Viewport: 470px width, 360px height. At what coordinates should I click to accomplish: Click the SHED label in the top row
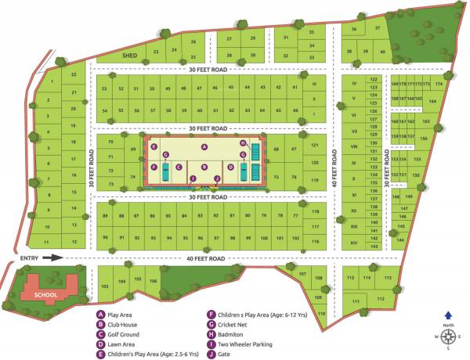pyautogui.click(x=129, y=56)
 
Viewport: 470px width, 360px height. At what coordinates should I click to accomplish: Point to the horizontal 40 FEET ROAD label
pyautogui.click(x=206, y=258)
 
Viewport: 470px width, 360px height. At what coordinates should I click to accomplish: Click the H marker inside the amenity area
pyautogui.click(x=244, y=143)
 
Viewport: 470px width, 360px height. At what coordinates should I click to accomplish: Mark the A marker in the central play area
pyautogui.click(x=204, y=147)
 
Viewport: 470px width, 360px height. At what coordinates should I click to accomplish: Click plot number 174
pyautogui.click(x=439, y=84)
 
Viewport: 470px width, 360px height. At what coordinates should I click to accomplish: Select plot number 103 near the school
pyautogui.click(x=104, y=286)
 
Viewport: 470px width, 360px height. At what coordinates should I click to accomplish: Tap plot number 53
pyautogui.click(x=104, y=89)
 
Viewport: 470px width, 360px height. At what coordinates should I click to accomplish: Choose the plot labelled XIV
pyautogui.click(x=354, y=243)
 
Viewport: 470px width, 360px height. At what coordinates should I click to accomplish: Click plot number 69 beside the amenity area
pyautogui.click(x=133, y=149)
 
